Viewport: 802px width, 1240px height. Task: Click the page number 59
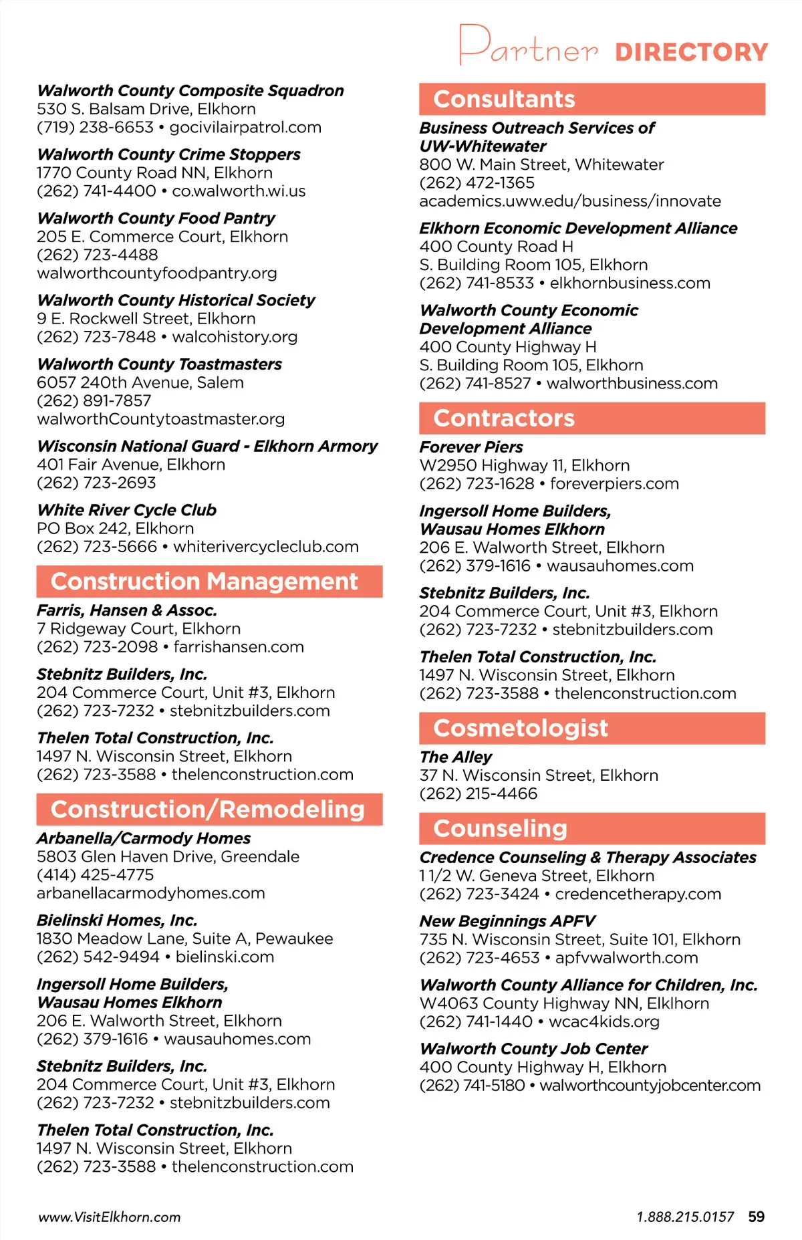pos(757,1217)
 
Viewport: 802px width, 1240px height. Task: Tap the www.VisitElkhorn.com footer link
pos(110,1217)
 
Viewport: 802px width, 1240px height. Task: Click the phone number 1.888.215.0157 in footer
pos(685,1217)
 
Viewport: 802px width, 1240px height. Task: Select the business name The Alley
pos(456,757)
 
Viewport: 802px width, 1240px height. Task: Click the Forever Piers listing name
pos(471,447)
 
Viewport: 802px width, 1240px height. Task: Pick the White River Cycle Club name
pos(127,510)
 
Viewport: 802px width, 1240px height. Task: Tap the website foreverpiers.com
pos(614,483)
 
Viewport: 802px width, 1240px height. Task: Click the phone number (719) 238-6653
pos(95,127)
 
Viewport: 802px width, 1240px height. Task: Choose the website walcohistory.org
pos(235,337)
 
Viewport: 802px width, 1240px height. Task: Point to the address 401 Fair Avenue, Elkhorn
pos(131,465)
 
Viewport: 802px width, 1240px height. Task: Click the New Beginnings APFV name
pos(507,921)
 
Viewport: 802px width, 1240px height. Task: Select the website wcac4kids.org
pos(604,1021)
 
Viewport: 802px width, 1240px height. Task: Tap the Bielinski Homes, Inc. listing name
pos(117,920)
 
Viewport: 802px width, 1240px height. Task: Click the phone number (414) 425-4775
pos(95,875)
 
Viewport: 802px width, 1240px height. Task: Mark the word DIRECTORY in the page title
pos(692,52)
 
